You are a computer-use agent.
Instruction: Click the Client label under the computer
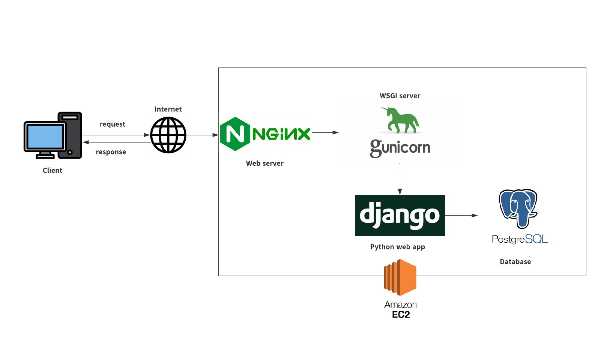click(x=53, y=170)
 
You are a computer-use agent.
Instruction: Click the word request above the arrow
click(x=113, y=124)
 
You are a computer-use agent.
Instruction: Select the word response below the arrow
click(x=111, y=152)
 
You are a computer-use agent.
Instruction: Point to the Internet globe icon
click(x=168, y=135)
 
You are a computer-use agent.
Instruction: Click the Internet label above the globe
click(x=168, y=109)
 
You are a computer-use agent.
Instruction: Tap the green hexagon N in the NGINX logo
click(x=235, y=134)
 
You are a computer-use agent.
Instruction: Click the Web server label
click(x=265, y=163)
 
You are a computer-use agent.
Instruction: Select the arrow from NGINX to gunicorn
click(x=325, y=132)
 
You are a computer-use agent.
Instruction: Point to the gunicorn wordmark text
click(x=400, y=148)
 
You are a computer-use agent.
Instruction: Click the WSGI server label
click(x=400, y=96)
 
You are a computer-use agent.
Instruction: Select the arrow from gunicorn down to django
click(x=400, y=179)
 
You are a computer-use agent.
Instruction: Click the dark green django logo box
click(x=400, y=216)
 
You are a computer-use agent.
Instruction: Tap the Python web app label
click(x=398, y=247)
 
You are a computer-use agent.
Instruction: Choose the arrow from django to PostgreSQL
click(x=461, y=216)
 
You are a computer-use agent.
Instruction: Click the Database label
click(x=515, y=262)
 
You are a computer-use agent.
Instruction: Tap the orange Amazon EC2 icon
click(x=400, y=277)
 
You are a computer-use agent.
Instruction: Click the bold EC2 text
click(x=401, y=315)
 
